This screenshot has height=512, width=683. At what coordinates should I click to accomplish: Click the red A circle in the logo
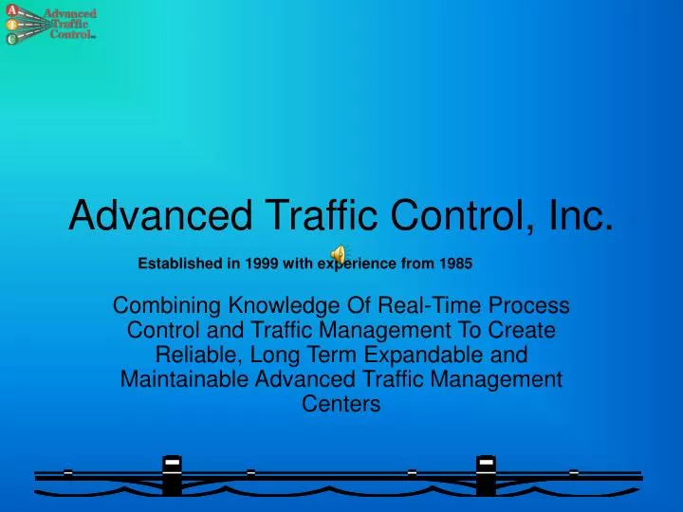coord(11,9)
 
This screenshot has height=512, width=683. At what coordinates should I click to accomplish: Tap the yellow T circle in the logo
coord(11,25)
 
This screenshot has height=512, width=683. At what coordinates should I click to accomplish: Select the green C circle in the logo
coord(11,39)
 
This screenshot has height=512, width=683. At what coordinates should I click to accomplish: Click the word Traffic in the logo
coord(69,25)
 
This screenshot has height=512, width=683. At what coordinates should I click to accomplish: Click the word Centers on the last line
coord(341,405)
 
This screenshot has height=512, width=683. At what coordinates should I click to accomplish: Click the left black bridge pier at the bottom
coord(172,474)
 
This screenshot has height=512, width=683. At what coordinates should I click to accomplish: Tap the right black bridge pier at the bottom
coord(486,474)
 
